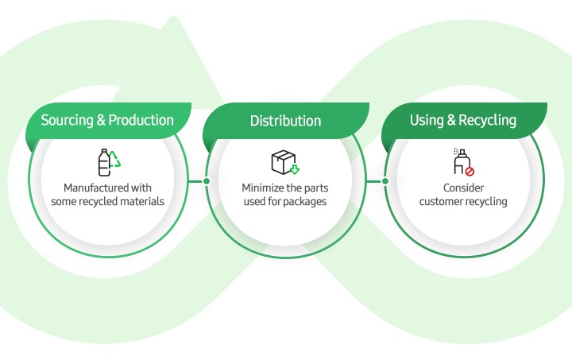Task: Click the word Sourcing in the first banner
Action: click(67, 120)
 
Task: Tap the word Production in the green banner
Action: click(141, 120)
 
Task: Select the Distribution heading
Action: click(286, 121)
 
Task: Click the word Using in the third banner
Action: click(427, 120)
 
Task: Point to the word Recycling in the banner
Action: click(487, 120)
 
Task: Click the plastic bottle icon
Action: click(104, 162)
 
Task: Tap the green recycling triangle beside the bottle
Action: click(115, 160)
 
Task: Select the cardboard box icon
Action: click(283, 161)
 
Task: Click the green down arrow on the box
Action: click(295, 169)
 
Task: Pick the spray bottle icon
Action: click(462, 161)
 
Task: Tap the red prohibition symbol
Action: click(470, 172)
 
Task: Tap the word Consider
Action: click(463, 188)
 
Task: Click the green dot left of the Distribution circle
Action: click(207, 181)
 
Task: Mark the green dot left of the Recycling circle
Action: click(385, 181)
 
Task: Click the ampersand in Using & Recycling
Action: click(451, 120)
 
